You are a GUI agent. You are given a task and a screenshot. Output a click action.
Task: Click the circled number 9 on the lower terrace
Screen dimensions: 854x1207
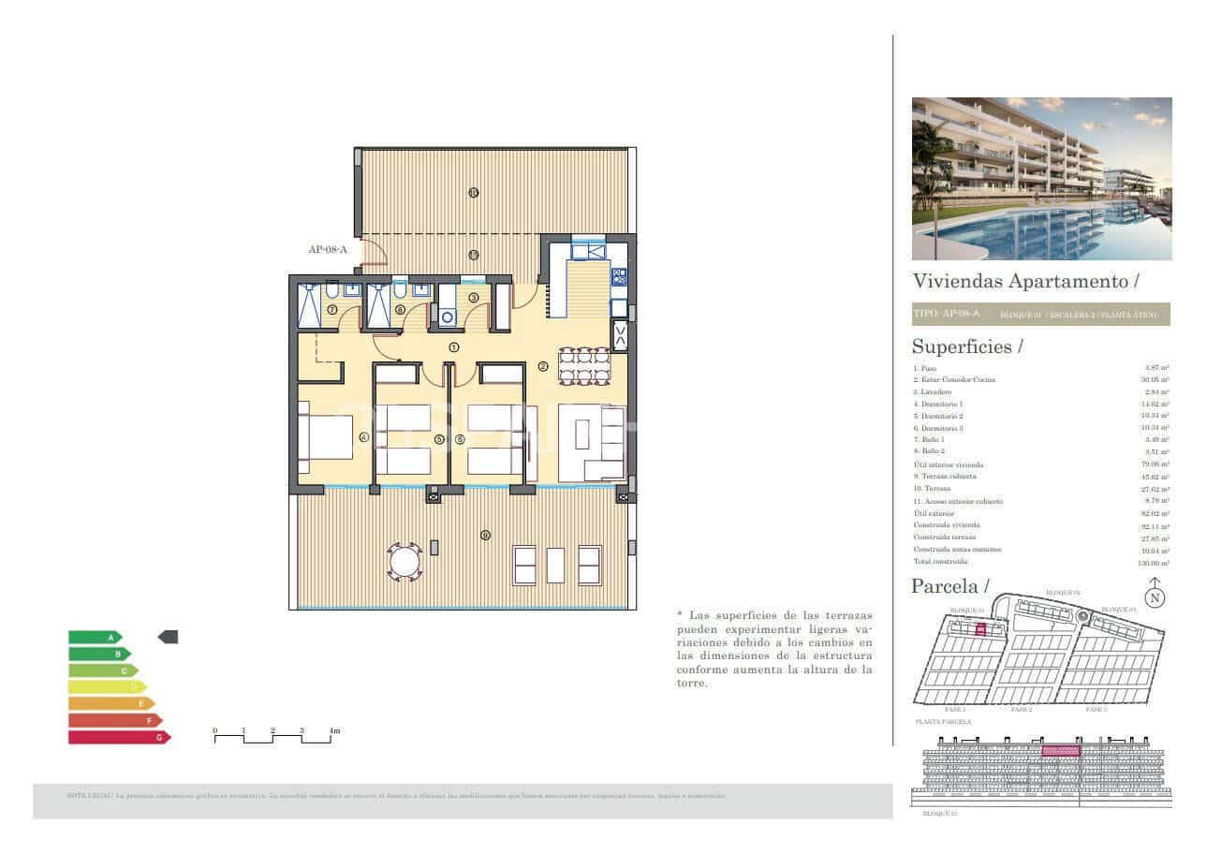(x=484, y=536)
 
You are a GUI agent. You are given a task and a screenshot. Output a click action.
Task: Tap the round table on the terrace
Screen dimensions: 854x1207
(x=405, y=563)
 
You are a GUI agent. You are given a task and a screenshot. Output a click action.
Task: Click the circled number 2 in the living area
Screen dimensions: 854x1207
(x=542, y=366)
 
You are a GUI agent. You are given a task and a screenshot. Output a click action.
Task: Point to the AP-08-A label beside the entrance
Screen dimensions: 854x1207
(x=328, y=249)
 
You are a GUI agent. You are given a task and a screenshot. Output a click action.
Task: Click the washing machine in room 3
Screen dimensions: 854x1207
(x=448, y=317)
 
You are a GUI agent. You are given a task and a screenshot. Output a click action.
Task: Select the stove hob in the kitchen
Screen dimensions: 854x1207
(x=619, y=276)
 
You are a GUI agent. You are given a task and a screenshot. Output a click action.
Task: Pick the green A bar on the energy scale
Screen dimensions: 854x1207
(x=94, y=637)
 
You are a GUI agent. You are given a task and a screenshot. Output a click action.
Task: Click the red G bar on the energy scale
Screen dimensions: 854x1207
(x=118, y=737)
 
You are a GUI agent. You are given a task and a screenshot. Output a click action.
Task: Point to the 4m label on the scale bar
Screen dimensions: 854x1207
(x=333, y=730)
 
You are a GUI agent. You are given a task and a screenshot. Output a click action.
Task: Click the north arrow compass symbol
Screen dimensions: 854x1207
(x=1155, y=595)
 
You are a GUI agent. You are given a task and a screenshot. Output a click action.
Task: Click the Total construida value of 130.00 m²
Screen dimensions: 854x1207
(x=1153, y=562)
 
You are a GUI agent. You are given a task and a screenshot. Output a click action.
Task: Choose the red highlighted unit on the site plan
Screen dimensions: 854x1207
(x=980, y=630)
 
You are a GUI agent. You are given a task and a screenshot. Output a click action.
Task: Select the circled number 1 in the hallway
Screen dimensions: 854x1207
(x=453, y=346)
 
